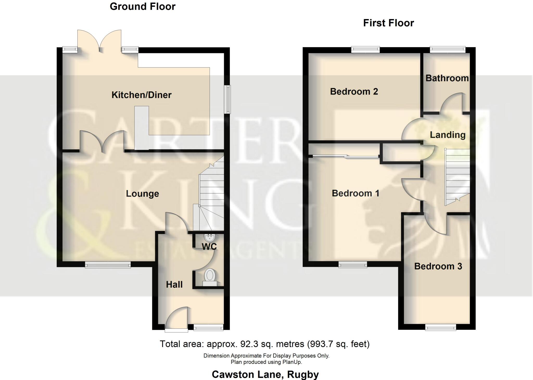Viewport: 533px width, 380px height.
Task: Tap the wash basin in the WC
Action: coord(210,237)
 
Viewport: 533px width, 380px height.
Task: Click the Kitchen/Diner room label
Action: coord(141,95)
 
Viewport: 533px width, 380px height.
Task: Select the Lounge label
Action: coord(142,194)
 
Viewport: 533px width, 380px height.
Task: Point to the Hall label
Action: coord(174,284)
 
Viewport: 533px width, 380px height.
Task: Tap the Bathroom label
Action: coord(447,78)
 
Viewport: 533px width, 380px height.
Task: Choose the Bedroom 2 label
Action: coord(354,92)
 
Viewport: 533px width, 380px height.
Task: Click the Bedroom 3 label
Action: coord(438,266)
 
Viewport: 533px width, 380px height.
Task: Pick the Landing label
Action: coord(447,135)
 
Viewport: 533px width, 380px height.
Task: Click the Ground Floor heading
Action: coord(143,7)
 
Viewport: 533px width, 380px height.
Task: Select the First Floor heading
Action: coord(388,23)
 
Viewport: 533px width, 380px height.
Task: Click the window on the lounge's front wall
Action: coord(108,265)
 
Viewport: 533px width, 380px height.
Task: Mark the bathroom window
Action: coord(448,49)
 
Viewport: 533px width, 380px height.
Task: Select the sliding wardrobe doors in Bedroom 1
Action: coord(345,156)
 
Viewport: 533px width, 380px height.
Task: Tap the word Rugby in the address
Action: coord(303,375)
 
